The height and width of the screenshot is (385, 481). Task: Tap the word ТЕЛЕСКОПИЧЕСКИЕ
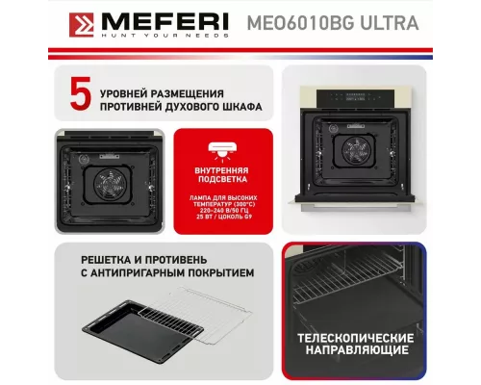tap(357, 339)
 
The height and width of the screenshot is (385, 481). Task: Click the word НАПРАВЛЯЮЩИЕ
tap(357, 353)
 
